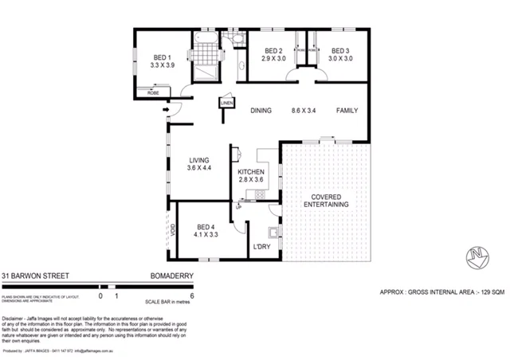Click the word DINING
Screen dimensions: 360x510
261,111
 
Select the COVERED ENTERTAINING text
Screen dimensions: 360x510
327,200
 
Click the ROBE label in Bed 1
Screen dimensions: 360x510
152,93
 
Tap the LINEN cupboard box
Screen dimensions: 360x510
226,104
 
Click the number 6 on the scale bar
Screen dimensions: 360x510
192,295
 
